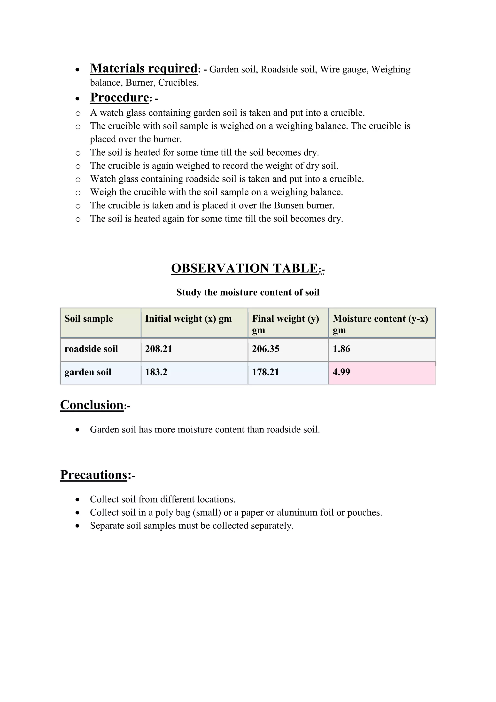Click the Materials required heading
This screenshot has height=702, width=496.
click(144, 69)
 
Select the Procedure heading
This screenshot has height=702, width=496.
click(119, 97)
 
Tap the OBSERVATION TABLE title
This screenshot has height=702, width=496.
click(245, 268)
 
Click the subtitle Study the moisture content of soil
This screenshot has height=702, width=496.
click(248, 292)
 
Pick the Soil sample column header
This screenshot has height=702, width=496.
click(89, 319)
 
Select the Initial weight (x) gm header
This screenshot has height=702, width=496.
click(188, 319)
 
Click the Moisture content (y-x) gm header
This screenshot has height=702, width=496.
click(380, 323)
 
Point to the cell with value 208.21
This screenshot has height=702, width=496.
click(159, 349)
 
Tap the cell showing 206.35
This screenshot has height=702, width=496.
click(265, 349)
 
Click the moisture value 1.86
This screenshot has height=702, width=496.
click(341, 349)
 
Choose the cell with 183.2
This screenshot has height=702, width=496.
click(156, 372)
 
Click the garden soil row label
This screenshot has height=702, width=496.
click(88, 372)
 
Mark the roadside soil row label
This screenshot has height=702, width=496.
click(91, 349)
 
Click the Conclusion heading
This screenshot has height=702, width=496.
click(92, 405)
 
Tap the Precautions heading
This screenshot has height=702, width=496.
click(93, 475)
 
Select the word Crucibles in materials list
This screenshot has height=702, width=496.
click(178, 83)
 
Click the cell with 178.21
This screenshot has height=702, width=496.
click(265, 372)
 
